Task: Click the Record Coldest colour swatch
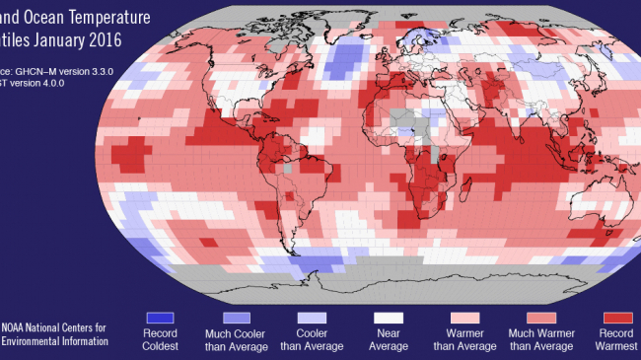point(160,318)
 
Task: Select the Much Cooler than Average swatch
point(236,318)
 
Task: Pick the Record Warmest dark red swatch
point(616,318)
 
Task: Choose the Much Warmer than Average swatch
point(540,318)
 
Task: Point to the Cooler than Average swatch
point(313,318)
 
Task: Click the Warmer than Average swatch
point(464,318)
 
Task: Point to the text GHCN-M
point(45,72)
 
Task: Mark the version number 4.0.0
point(72,85)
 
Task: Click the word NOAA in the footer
point(21,326)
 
